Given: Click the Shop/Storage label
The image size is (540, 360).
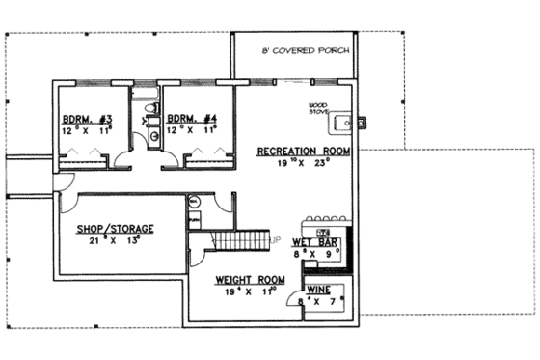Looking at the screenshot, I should click(x=115, y=228).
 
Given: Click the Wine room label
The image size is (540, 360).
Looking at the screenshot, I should click(x=321, y=290).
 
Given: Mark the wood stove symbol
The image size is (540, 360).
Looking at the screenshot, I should click(x=340, y=122).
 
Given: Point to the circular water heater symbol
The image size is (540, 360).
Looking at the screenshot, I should click(x=194, y=202).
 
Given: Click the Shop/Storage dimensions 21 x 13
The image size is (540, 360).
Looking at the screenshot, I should click(x=115, y=241).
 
